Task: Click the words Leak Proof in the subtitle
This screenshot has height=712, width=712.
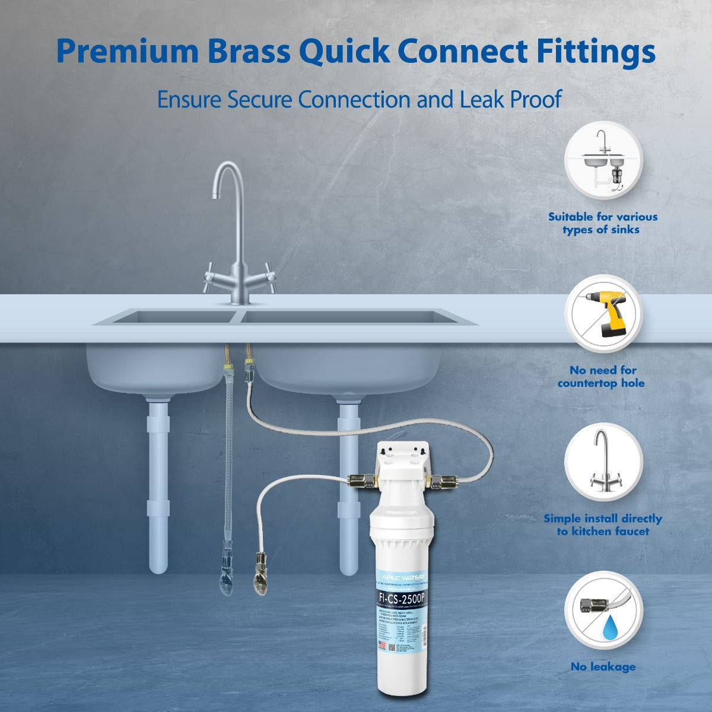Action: tap(510, 99)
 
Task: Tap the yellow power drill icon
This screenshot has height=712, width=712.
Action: tap(603, 313)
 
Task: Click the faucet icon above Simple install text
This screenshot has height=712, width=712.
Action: tap(603, 461)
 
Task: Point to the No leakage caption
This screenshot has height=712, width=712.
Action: tap(603, 667)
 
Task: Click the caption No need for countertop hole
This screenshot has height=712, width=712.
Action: tap(601, 377)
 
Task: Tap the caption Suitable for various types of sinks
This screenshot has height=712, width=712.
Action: tap(602, 223)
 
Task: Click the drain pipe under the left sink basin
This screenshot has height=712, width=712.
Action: tap(158, 487)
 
